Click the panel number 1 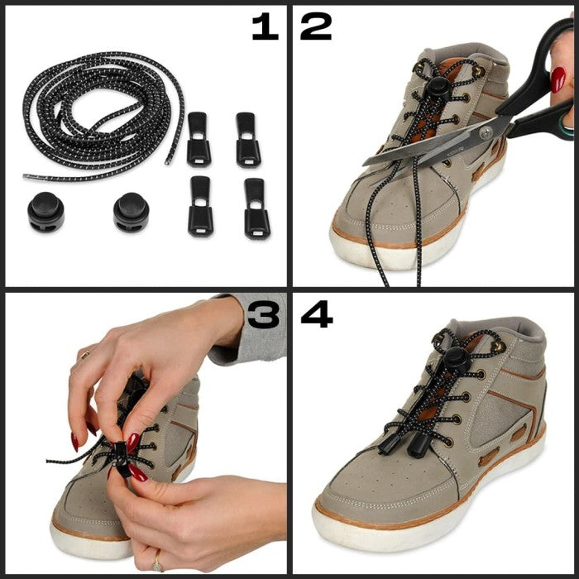266,26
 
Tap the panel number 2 316,26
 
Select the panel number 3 263,314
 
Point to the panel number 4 317,314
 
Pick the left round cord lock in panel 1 45,212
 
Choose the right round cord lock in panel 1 131,213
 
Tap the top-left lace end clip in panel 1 199,138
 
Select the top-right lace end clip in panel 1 248,140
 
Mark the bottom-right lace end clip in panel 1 256,208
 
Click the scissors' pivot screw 486,131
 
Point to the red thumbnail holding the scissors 557,79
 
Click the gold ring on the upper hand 85,355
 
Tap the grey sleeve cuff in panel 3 247,328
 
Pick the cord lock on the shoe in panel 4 456,361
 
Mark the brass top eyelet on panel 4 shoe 498,346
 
